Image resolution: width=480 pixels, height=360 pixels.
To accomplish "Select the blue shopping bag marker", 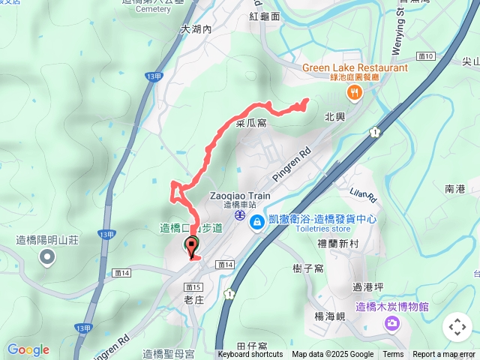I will coord(257,222).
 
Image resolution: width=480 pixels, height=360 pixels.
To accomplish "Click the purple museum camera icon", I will coord(391,322).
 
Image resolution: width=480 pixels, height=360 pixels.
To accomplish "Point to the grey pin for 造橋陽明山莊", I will coord(47,258).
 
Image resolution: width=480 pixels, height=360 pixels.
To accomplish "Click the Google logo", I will coord(28,349).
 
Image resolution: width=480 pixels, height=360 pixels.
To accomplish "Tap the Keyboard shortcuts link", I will coord(250,355).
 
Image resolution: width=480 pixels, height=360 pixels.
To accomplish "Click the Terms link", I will coord(393,355).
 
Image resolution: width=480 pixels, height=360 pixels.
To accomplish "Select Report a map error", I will coord(444,355).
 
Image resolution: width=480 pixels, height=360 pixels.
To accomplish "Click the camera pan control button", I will coord(457,327).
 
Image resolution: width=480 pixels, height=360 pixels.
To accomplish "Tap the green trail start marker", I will coord(191,244).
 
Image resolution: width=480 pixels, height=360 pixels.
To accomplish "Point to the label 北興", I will coord(334,117).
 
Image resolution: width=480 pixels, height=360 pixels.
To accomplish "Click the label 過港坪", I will coord(368,286).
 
